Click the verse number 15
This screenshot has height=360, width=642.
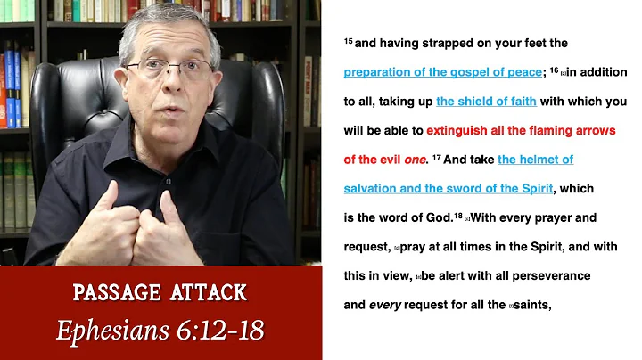[348, 41]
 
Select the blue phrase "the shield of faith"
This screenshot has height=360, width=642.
[486, 102]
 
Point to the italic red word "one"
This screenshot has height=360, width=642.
[415, 160]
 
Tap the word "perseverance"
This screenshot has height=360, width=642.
[554, 275]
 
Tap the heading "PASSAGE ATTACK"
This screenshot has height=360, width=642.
[160, 293]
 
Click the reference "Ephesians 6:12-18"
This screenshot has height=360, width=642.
[160, 330]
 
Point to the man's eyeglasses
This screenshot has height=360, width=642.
[170, 68]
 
